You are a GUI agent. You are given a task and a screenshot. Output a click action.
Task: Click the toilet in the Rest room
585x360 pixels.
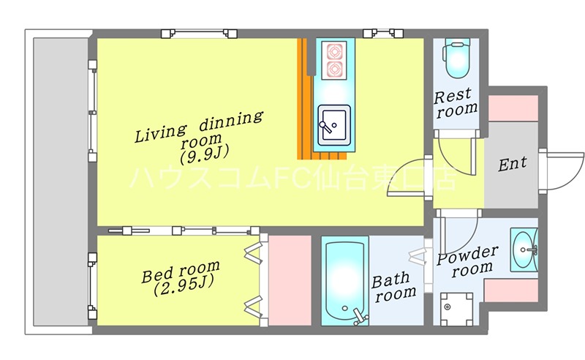coord(456,60)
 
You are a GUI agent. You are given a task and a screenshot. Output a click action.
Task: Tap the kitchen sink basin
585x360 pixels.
coord(334,125)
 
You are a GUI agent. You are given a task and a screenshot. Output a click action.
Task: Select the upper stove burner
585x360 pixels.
coord(334,51)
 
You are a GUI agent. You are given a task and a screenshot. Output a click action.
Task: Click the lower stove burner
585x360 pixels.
coord(334,70)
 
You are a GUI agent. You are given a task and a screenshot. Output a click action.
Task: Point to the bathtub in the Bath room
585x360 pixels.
coord(344,280)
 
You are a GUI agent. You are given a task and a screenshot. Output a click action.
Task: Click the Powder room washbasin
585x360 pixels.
coord(524,250)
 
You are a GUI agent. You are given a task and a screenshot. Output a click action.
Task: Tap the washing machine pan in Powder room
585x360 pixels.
coord(456,309)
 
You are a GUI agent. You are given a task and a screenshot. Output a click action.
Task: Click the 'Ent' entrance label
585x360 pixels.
coord(513,164)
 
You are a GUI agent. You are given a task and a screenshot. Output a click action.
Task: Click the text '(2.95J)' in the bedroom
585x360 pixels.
coord(184,285)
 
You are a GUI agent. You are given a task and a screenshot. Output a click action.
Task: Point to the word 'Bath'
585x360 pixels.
coord(390,280)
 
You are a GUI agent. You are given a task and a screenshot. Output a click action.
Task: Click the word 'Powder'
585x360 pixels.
coord(467,255)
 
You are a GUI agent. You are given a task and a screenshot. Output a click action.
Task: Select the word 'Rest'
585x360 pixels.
coord(453,96)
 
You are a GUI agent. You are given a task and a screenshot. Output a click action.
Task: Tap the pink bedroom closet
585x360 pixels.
coord(290,280)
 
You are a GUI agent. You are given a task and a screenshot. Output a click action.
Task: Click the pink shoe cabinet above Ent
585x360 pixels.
coord(513,108)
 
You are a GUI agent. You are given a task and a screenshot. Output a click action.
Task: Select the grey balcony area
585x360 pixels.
coord(61,181)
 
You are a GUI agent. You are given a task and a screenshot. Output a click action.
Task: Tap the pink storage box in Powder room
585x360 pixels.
coord(510,290)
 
